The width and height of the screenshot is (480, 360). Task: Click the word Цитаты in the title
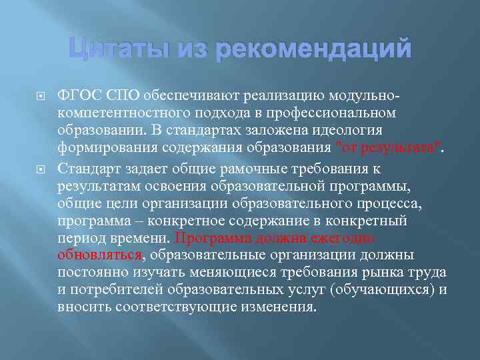109,49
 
